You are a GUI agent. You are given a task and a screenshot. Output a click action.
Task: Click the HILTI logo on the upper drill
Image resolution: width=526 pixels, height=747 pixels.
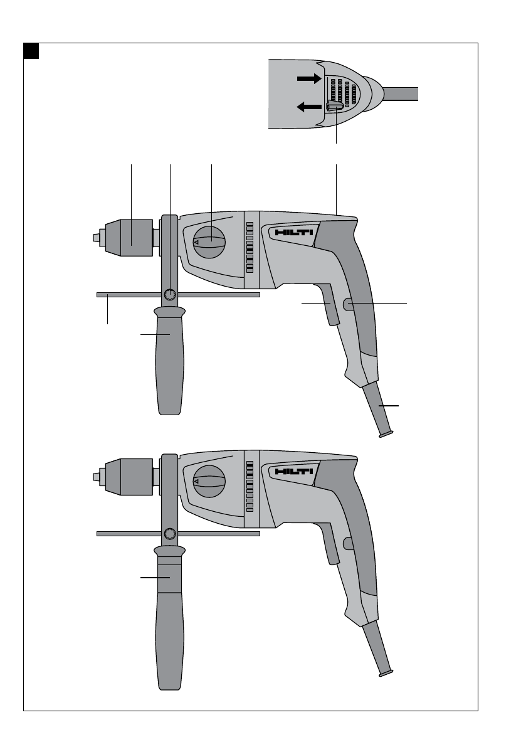[x=294, y=233]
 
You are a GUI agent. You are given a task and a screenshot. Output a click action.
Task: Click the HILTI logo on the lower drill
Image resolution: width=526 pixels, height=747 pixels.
[x=294, y=471]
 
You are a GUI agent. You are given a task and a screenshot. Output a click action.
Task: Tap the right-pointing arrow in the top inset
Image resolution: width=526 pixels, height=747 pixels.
[x=310, y=78]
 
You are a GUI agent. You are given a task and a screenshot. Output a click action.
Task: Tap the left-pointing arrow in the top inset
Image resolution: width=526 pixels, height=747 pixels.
[x=309, y=107]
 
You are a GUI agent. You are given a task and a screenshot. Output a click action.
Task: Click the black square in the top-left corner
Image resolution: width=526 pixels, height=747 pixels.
[x=31, y=51]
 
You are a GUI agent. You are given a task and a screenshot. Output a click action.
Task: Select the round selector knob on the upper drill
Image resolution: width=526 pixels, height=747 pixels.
[x=209, y=242]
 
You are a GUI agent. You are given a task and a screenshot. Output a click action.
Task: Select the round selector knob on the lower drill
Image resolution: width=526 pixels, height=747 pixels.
[x=209, y=481]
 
